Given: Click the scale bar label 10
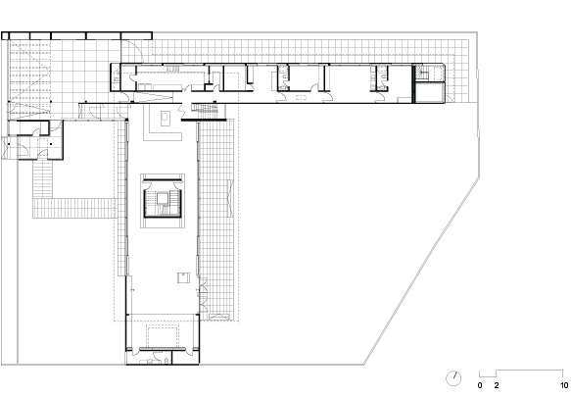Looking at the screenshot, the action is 564,385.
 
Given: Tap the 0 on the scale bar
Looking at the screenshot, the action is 480,385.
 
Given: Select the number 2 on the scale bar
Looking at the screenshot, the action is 497,385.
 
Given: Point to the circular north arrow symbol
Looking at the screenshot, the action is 453,378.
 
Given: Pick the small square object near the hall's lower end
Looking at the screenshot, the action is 183,277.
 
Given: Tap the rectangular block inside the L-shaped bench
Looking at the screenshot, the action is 166,118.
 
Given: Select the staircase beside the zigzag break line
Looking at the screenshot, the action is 204,108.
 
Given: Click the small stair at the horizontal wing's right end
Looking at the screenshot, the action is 423,73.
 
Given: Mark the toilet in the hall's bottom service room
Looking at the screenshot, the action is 167,361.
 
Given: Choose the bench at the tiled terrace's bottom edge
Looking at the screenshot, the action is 218,317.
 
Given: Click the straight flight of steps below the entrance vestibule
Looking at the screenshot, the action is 43,178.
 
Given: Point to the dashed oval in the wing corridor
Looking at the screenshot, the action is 301,97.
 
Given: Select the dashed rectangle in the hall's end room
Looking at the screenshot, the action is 164,335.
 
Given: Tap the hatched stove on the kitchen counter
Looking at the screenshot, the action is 172,69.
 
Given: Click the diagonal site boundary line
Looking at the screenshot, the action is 421,272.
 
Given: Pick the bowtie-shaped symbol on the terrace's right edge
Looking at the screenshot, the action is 229,198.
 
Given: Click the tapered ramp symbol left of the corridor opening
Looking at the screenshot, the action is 153,97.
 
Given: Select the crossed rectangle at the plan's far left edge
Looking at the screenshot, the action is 5,147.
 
